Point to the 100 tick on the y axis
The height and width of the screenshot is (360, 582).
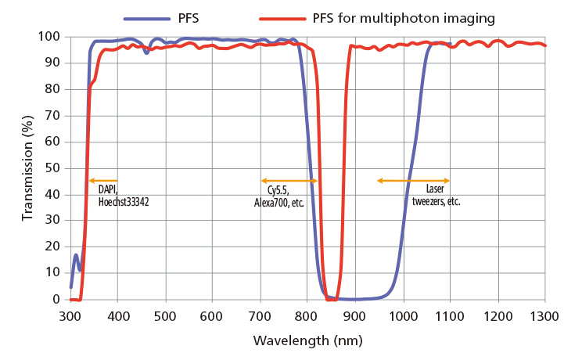click(x=52, y=37)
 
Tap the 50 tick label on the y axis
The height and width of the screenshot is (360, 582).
click(x=52, y=168)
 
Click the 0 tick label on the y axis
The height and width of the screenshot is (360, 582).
click(x=56, y=299)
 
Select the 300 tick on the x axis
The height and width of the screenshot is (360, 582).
click(x=70, y=315)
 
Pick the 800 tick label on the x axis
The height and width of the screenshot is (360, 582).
click(x=307, y=315)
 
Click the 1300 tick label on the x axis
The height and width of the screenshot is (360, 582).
click(x=544, y=315)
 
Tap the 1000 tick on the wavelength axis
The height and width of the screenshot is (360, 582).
click(x=402, y=315)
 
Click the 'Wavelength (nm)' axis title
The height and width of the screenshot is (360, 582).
click(x=307, y=342)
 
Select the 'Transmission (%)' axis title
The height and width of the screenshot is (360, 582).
click(x=27, y=167)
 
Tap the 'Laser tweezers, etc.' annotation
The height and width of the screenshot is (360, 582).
click(x=436, y=196)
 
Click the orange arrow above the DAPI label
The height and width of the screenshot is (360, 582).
click(x=103, y=181)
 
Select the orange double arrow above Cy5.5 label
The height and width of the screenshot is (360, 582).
click(x=289, y=181)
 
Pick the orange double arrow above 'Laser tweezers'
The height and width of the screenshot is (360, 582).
click(x=413, y=181)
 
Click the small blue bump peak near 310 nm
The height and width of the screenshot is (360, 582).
click(x=76, y=255)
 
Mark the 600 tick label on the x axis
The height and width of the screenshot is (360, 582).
click(x=213, y=315)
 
